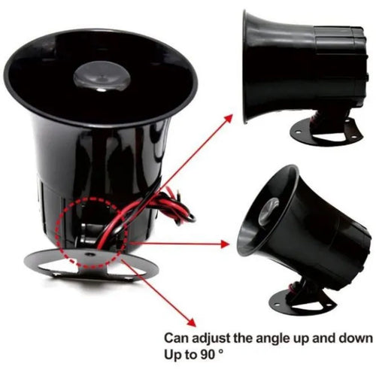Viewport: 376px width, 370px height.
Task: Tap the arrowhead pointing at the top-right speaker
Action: tap(229, 114)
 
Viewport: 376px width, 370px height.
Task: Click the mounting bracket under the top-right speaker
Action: tap(325, 132)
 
